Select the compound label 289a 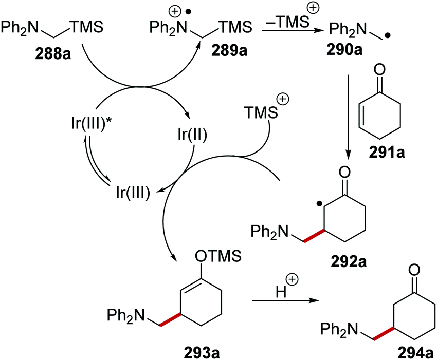[223, 53]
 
